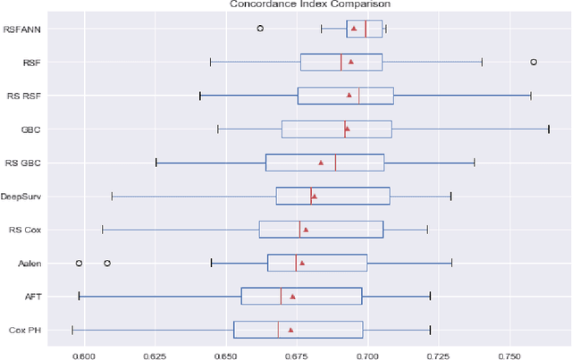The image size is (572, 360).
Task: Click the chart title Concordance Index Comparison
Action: (285, 4)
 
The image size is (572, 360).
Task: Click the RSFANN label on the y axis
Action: (37, 29)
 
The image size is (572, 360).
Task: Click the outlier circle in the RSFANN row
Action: (260, 29)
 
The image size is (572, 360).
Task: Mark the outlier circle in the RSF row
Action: (534, 62)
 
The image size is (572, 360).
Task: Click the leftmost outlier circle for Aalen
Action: (79, 264)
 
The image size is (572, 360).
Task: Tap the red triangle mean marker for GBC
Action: (347, 129)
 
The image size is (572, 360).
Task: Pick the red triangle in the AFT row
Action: (292, 297)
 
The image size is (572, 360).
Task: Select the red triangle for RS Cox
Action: (306, 230)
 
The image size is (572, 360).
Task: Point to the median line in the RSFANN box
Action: (366, 29)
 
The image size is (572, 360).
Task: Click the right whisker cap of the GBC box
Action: (548, 129)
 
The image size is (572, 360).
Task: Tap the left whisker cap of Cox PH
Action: (72, 330)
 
